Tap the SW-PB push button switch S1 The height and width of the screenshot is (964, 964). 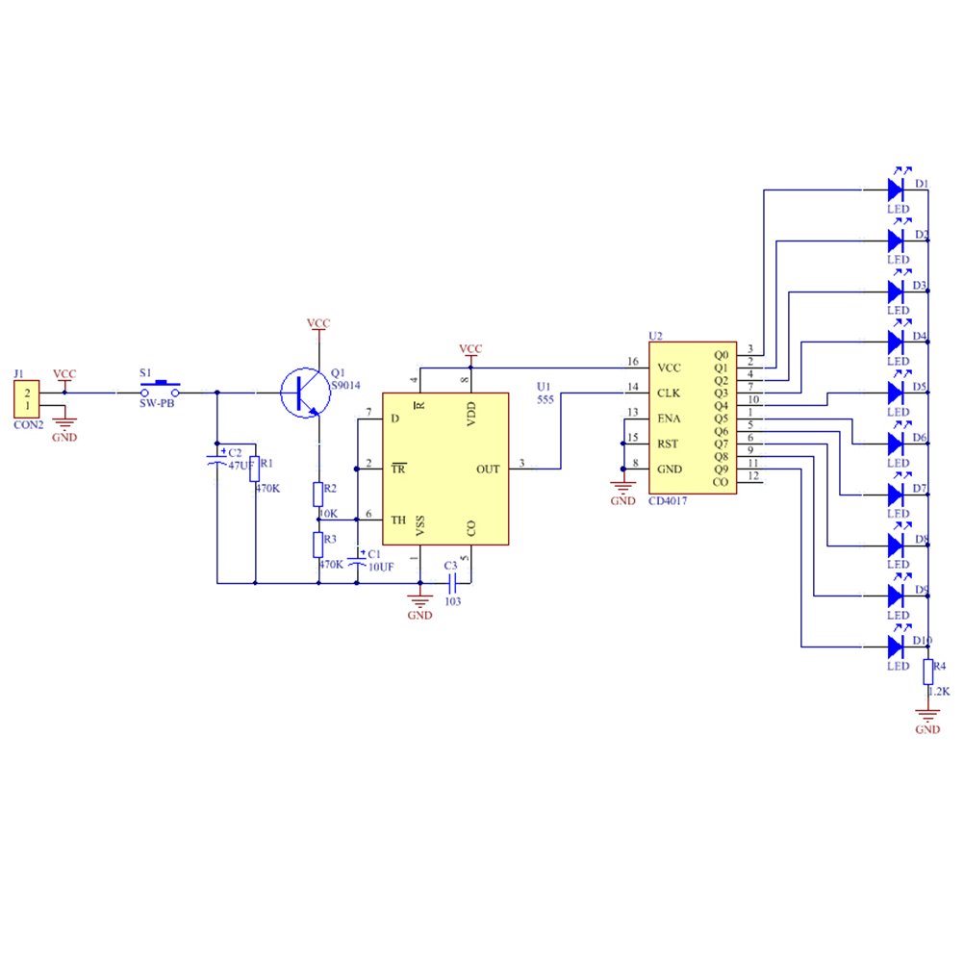point(160,387)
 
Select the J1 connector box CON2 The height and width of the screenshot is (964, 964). point(27,399)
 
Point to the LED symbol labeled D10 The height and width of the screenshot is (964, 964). point(898,646)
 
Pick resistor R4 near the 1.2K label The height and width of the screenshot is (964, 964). point(928,672)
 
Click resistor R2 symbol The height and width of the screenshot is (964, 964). point(318,495)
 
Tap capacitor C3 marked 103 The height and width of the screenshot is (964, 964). point(451,582)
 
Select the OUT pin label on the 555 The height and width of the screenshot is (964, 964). point(488,469)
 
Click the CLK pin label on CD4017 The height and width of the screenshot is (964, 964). point(670,393)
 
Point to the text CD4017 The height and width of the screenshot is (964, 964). point(669,501)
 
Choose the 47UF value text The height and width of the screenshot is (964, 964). point(241,465)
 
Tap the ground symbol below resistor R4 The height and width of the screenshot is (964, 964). point(928,715)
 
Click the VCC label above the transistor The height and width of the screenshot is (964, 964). point(317,323)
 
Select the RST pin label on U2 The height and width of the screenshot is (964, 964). point(668,444)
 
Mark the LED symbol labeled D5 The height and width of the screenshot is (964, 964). point(898,392)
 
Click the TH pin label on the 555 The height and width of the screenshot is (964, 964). point(398,520)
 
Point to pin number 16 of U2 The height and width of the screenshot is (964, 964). point(632,362)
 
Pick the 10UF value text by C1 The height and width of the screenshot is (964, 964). point(381,567)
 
